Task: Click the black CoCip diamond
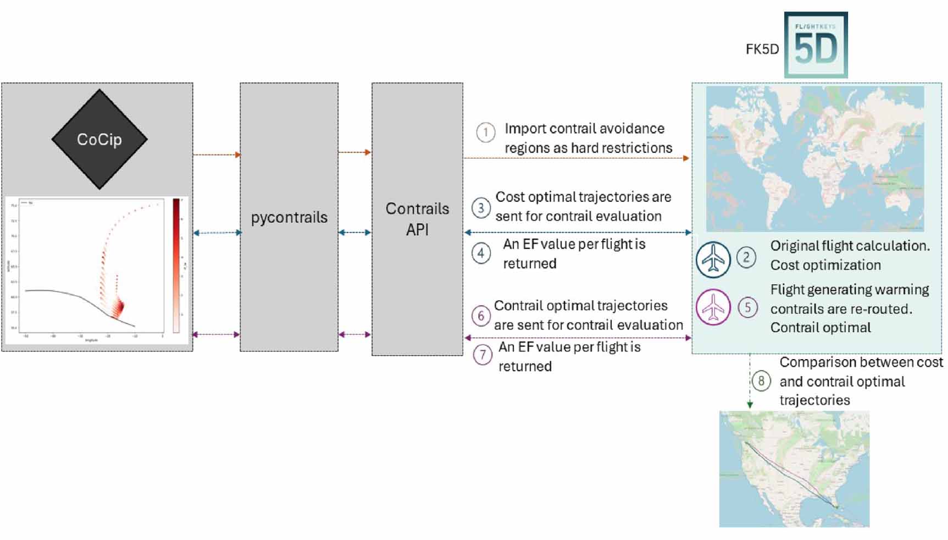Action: (x=99, y=139)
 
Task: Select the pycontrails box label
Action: (x=289, y=217)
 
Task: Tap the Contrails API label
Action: (x=417, y=219)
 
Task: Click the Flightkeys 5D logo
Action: (x=816, y=45)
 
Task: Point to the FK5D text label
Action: (x=762, y=49)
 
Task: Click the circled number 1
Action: (x=485, y=133)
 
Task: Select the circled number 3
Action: (x=481, y=208)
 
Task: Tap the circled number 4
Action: (x=481, y=254)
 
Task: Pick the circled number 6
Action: (x=481, y=316)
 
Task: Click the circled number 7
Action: (x=483, y=355)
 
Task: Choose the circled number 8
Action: (x=761, y=381)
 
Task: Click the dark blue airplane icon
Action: (x=713, y=259)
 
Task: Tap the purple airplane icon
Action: (x=713, y=307)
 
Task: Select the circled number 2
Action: (x=746, y=257)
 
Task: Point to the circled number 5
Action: (x=747, y=307)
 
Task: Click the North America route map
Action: (x=794, y=469)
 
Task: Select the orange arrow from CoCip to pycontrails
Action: (x=217, y=155)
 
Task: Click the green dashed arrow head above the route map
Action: (x=750, y=405)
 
